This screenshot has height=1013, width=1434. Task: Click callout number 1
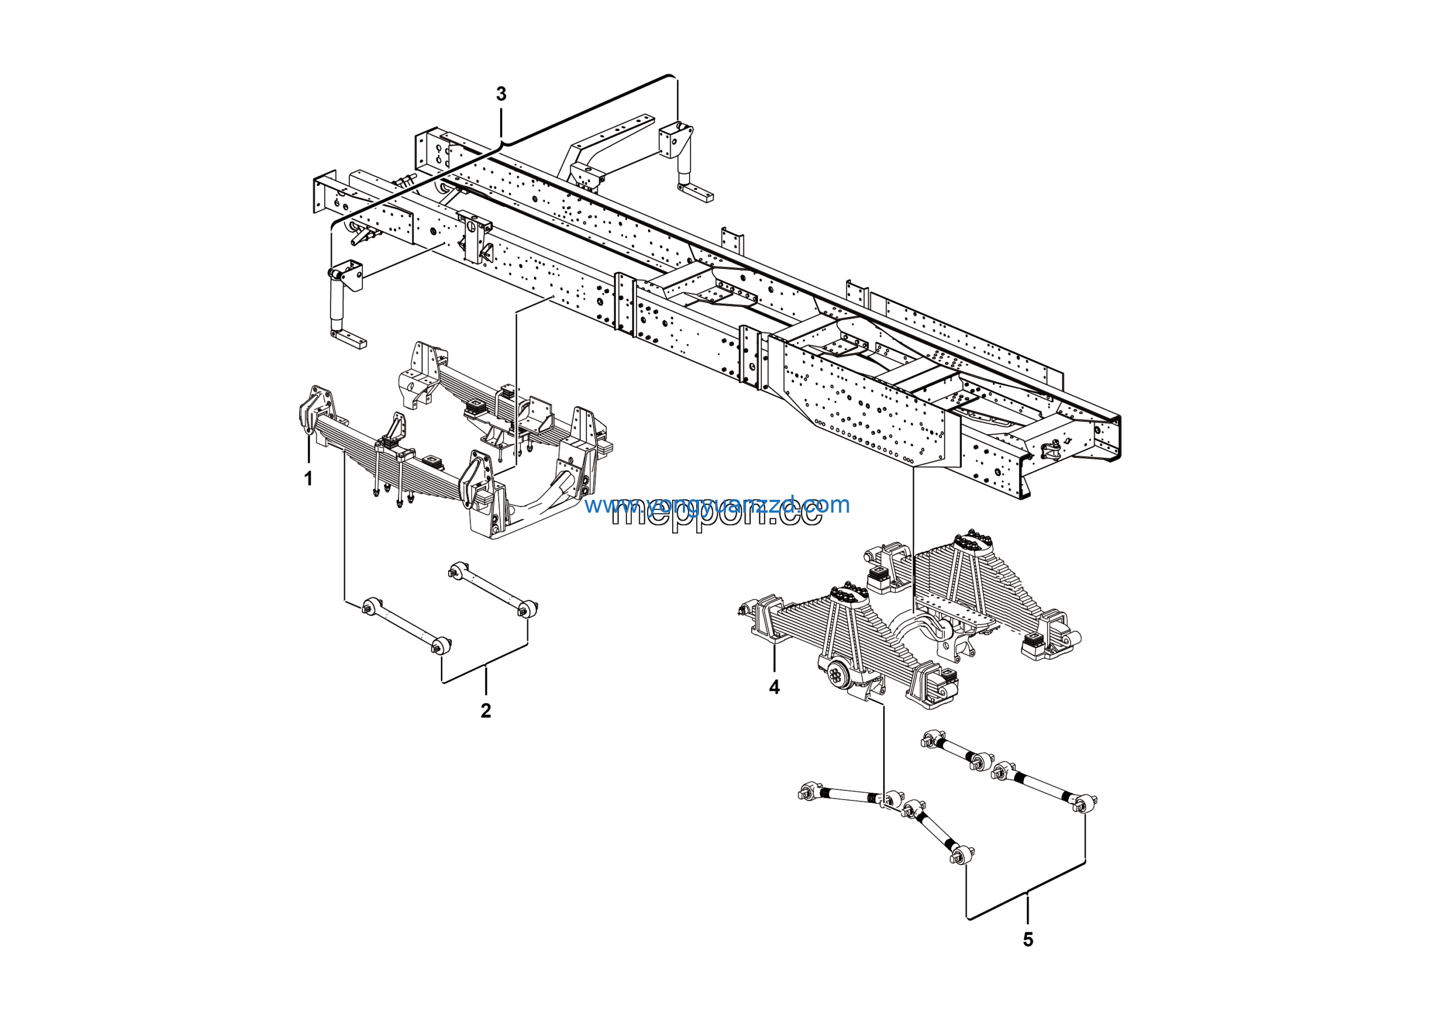tap(308, 478)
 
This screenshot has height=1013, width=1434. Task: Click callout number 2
tap(485, 710)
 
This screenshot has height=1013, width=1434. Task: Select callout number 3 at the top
tap(501, 94)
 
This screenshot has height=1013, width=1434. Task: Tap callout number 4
tap(775, 687)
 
